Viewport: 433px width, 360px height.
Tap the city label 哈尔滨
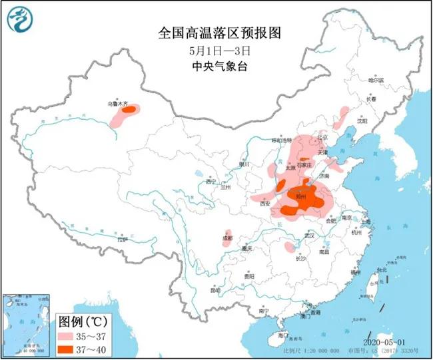(376, 79)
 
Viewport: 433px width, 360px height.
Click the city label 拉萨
(121, 239)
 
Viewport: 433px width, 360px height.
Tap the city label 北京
(322, 137)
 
